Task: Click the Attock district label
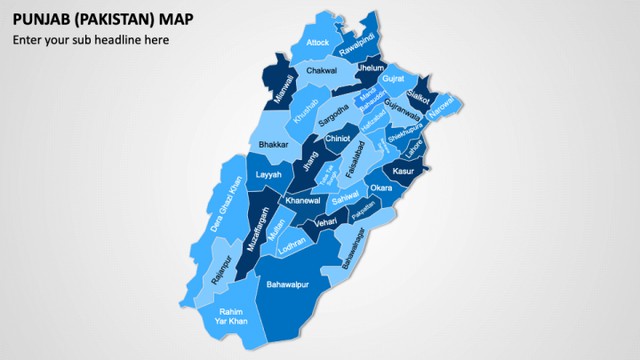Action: coord(317,43)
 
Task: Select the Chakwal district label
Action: coord(321,70)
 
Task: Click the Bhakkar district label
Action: coord(273,144)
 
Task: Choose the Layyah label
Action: coord(268,175)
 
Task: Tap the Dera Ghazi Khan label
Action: coord(225,205)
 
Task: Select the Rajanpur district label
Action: coord(222,270)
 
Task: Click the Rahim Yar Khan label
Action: coord(230,316)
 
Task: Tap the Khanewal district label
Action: coord(302,201)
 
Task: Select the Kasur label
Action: coord(404,171)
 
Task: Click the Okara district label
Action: coord(380,188)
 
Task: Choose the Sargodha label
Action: coord(333,116)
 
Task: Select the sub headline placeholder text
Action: coord(90,39)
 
